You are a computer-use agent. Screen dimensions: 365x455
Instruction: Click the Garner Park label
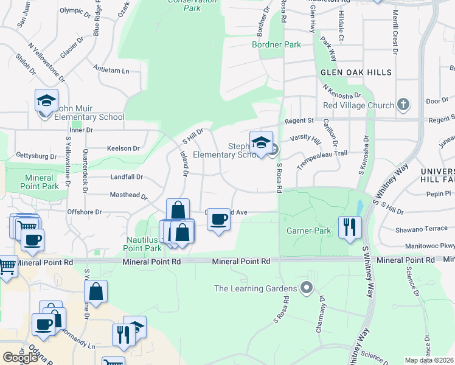308,231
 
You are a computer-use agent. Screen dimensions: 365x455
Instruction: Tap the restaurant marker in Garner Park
350,228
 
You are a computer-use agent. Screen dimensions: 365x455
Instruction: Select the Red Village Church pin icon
403,105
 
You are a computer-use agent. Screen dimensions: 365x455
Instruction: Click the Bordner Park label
277,45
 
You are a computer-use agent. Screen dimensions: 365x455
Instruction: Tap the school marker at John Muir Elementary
46,102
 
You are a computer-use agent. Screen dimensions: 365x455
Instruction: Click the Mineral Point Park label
42,182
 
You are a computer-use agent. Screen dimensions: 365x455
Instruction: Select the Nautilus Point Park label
144,244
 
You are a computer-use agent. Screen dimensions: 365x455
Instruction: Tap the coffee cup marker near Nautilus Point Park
218,219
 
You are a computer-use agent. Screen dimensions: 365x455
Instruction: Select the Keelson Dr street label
123,148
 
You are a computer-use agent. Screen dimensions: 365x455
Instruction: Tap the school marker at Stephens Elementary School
261,144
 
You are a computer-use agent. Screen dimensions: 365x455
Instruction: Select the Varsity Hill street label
305,139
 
